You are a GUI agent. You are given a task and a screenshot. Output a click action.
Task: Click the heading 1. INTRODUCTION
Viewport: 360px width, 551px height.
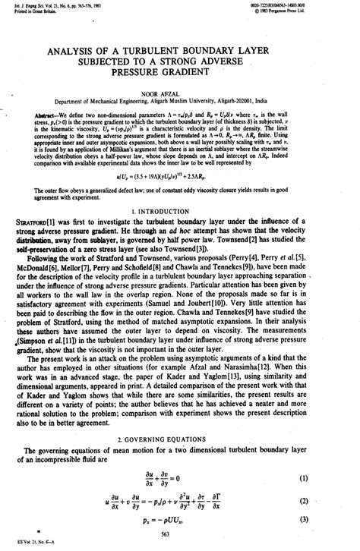click(180, 230)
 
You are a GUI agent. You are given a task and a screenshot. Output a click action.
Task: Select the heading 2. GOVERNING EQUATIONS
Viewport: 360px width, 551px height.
click(180, 440)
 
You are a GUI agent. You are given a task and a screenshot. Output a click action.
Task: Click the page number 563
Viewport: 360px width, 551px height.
click(180, 534)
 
